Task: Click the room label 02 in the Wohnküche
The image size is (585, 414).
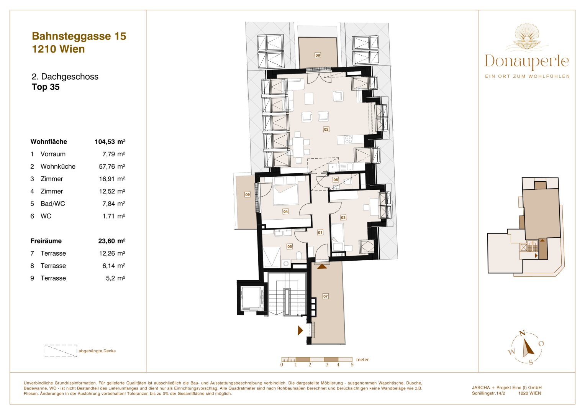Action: point(326,130)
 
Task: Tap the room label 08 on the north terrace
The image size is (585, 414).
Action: point(318,55)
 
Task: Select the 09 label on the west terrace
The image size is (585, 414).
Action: point(247,195)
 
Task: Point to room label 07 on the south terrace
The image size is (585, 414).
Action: point(325,296)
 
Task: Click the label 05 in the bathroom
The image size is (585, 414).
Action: point(290,246)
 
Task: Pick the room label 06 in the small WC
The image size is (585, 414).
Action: point(336,179)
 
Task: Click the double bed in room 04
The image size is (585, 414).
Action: point(285,194)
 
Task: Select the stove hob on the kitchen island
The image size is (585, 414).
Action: point(348,140)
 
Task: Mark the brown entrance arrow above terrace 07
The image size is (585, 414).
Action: point(322,266)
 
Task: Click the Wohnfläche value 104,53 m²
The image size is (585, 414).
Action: point(110,142)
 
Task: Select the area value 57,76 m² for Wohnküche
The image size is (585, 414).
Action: point(112,166)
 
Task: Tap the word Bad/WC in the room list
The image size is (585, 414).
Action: point(53,204)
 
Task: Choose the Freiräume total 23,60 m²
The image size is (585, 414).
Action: point(111,241)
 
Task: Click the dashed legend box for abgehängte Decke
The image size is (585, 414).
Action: point(61,351)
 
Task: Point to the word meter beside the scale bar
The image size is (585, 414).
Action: point(362,360)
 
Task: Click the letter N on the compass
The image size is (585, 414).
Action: point(521,333)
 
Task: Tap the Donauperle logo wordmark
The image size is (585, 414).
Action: point(527,62)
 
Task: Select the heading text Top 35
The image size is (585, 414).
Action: point(46,87)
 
